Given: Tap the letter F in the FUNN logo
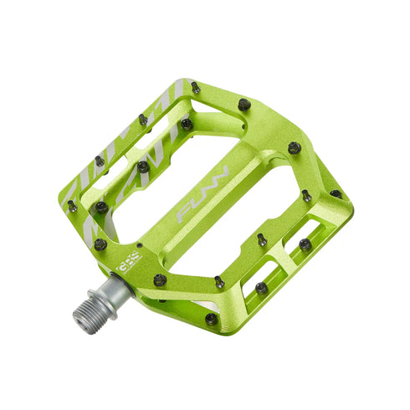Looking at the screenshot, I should point(182,217).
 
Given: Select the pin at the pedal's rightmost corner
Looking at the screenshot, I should point(336,194).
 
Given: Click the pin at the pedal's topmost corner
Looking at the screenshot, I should point(194,86).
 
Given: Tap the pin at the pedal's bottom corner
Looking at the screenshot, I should point(211,318).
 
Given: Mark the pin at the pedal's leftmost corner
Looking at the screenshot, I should point(72,205).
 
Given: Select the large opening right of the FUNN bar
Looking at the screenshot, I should point(255,209).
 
